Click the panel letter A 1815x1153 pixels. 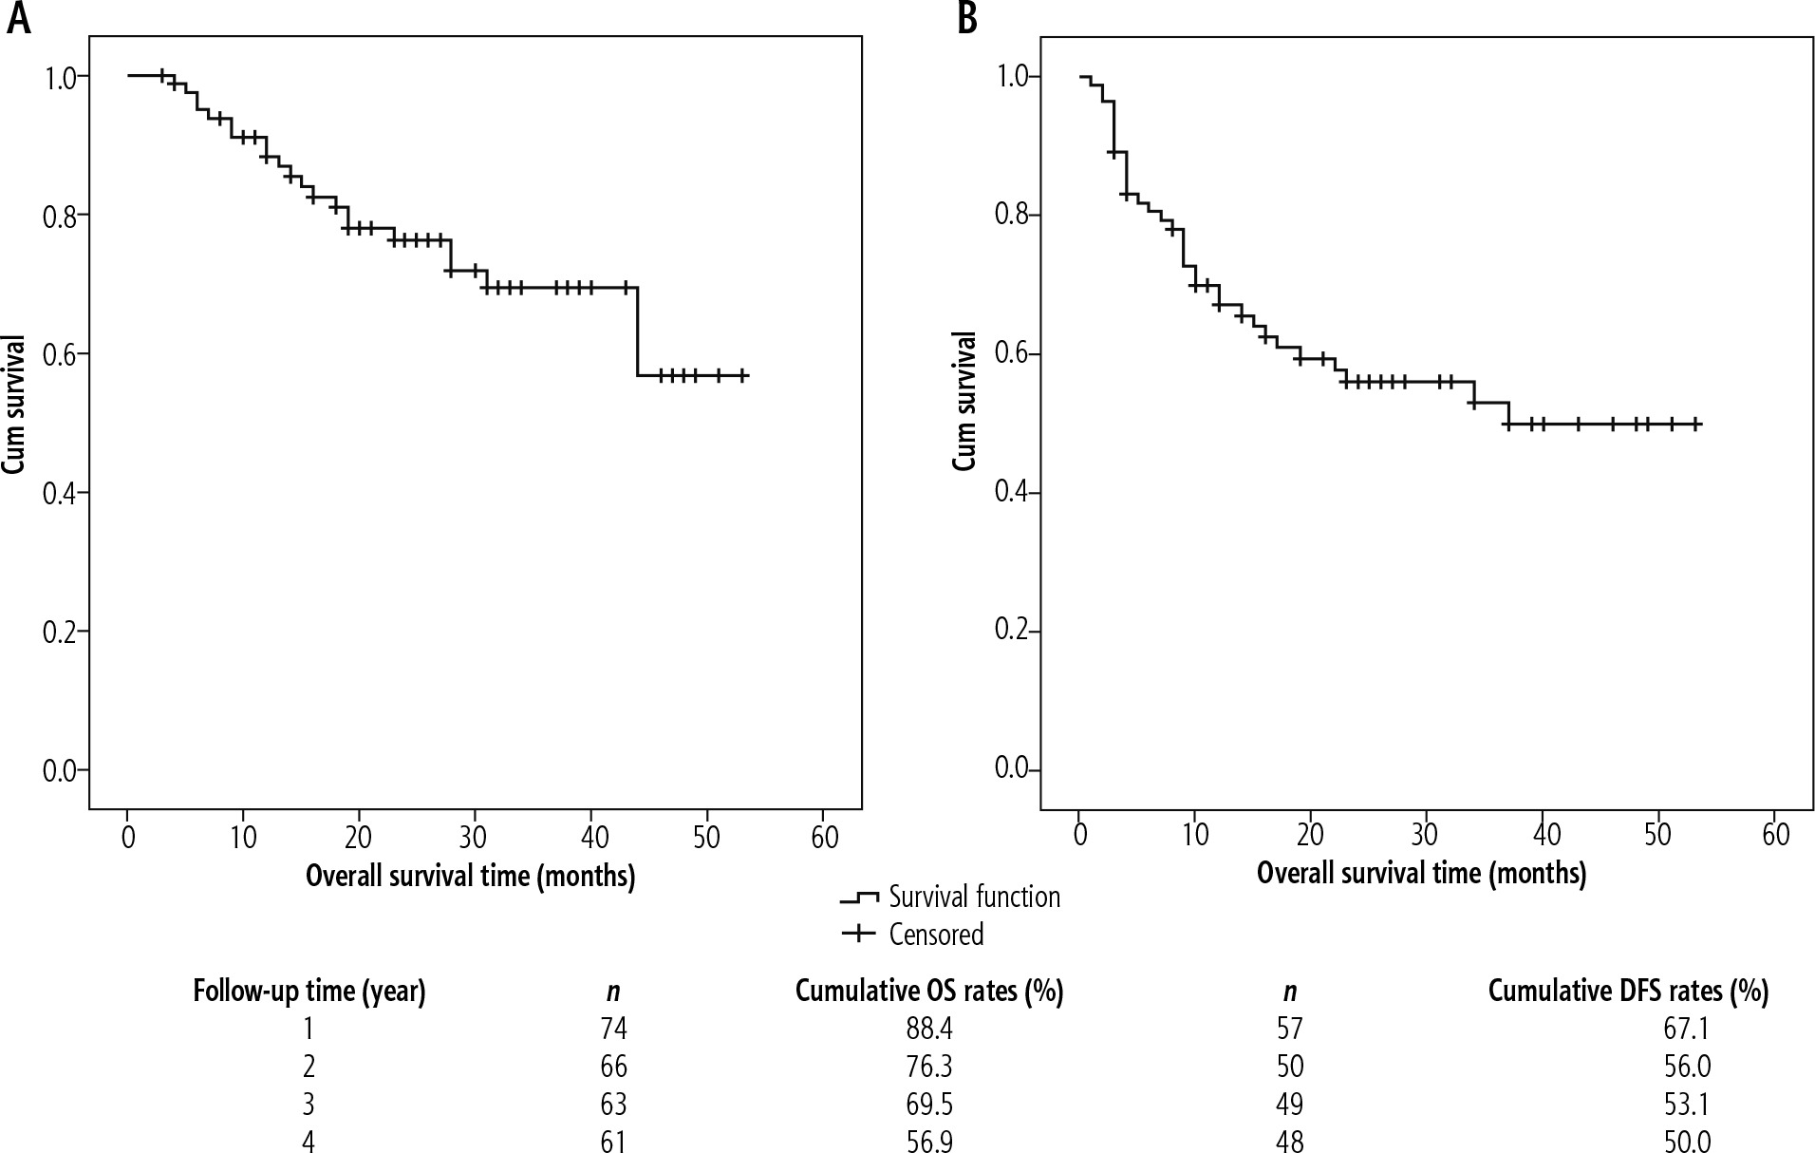pyautogui.click(x=19, y=19)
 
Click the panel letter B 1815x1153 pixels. pyautogui.click(x=967, y=19)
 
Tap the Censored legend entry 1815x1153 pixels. pyautogui.click(x=936, y=935)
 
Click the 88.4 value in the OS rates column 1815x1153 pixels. pyautogui.click(x=928, y=1029)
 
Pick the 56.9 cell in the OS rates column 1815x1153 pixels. pyautogui.click(x=928, y=1141)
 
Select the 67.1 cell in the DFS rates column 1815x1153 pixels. pyautogui.click(x=1687, y=1029)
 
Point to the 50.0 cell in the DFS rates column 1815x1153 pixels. pyautogui.click(x=1687, y=1141)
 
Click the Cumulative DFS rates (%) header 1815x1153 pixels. pyautogui.click(x=1628, y=992)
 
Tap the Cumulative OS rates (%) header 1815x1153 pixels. pyautogui.click(x=928, y=992)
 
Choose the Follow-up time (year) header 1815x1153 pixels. pyautogui.click(x=309, y=992)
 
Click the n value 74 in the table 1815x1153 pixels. pyautogui.click(x=613, y=1029)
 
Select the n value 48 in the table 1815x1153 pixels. pyautogui.click(x=1290, y=1141)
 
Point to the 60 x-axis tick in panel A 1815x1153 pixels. pyautogui.click(x=824, y=837)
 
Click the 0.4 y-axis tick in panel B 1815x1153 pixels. pyautogui.click(x=1012, y=492)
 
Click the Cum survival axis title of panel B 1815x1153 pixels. pyautogui.click(x=964, y=400)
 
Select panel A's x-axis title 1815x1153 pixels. pyautogui.click(x=470, y=875)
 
